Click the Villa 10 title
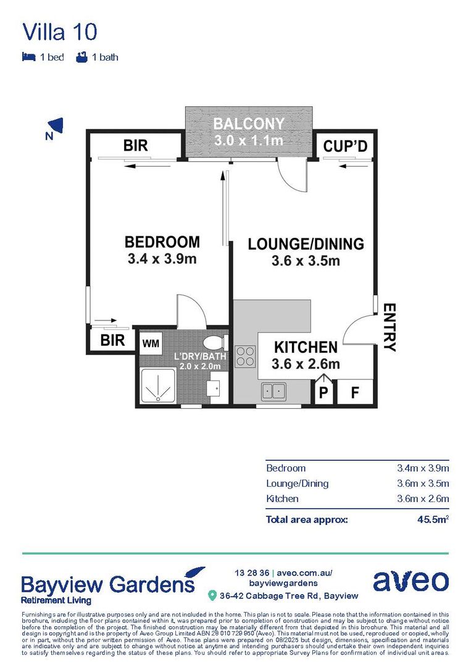point(59,31)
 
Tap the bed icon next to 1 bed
point(28,57)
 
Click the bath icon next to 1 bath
point(80,57)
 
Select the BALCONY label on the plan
point(249,124)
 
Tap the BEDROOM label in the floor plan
point(162,242)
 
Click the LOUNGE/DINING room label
point(306,244)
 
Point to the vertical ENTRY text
point(390,327)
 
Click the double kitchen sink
point(273,391)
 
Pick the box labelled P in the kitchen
point(323,393)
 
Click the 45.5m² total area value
point(432,519)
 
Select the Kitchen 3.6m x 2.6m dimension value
point(422,498)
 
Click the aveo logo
point(410,581)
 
